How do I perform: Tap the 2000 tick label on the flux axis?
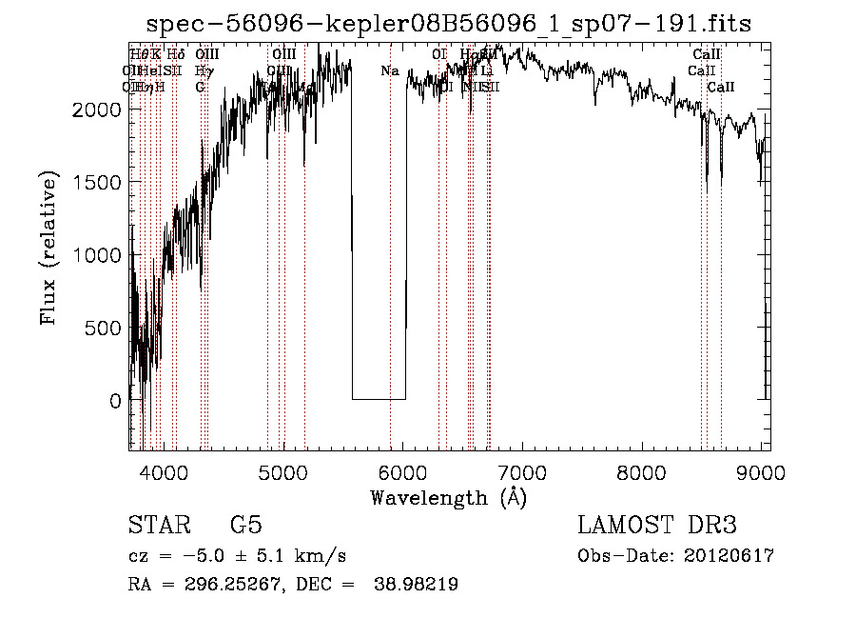tap(98, 110)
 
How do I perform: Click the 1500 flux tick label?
tap(98, 182)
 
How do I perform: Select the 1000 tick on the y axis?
tap(98, 255)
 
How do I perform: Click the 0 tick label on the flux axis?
tap(115, 402)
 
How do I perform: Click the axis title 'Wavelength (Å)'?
tap(448, 497)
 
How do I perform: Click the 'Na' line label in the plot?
tap(390, 71)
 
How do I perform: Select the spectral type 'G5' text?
tap(245, 526)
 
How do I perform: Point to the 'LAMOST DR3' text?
tap(657, 526)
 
